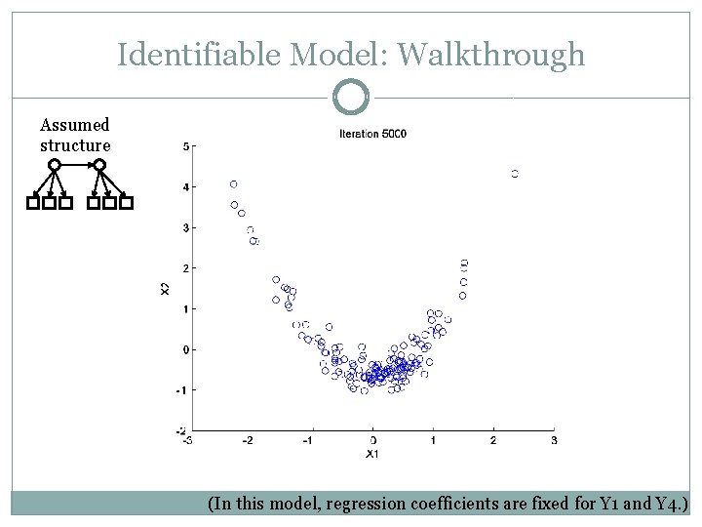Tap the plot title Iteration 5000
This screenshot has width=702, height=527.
pos(372,134)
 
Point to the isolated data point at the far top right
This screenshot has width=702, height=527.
pos(515,174)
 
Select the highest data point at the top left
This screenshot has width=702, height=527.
pos(233,183)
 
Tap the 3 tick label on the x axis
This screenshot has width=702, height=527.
pos(554,441)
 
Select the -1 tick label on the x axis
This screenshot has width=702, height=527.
pos(310,441)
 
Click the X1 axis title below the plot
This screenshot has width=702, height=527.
pos(371,454)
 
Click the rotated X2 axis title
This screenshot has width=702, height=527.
pos(164,288)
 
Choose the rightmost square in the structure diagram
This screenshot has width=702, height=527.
pos(126,204)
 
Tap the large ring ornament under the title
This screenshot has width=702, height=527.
pos(351,98)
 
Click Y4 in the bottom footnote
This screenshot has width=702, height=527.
pos(666,505)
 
